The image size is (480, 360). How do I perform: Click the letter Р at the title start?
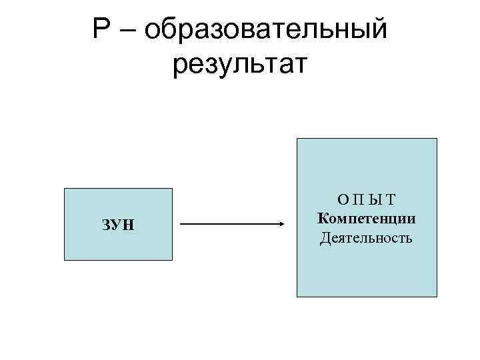coord(103,30)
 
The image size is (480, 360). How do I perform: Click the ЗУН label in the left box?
coord(119,224)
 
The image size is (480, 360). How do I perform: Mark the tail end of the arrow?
coord(182,225)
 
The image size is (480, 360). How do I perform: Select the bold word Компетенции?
coord(367,218)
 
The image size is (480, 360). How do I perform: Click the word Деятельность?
coord(367,237)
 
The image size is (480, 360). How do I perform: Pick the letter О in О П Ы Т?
coord(342,199)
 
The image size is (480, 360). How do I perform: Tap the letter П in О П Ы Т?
coord(358,199)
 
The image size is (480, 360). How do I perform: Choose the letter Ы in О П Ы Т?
coord(375,199)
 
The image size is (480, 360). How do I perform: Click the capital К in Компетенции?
coord(323,218)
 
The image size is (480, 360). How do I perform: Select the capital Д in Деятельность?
coord(325,237)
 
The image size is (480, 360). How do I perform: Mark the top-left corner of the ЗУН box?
coord(64,189)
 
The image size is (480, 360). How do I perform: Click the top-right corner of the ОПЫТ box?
coord(437,139)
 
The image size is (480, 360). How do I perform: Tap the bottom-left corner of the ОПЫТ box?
coord(297,296)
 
